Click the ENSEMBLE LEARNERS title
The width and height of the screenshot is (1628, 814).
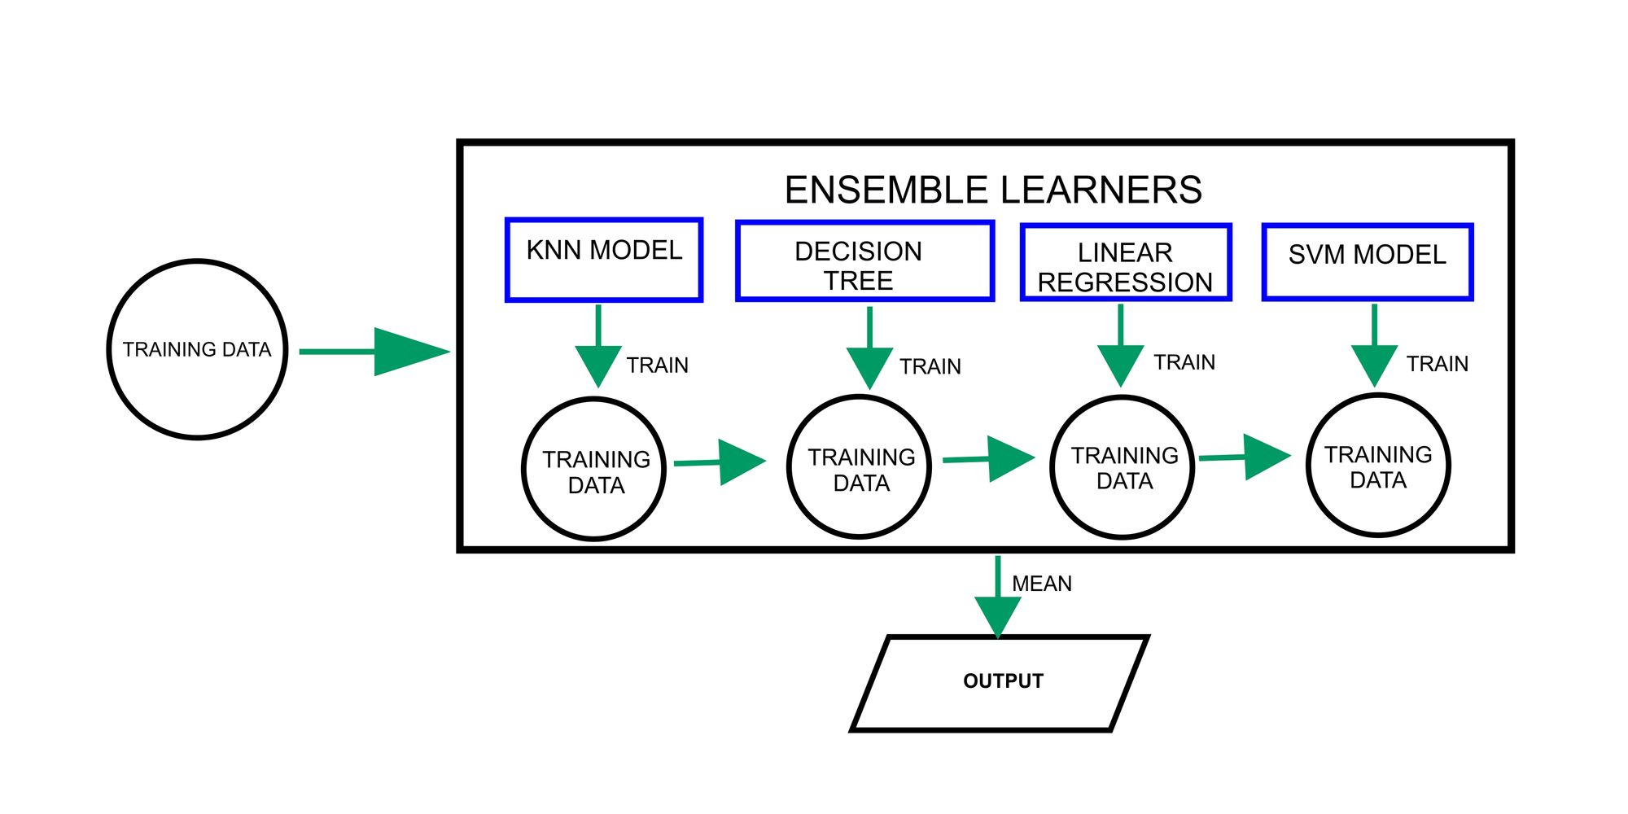pos(993,190)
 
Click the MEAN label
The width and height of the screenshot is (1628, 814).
pos(1042,584)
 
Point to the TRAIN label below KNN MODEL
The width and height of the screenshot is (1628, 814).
pos(658,365)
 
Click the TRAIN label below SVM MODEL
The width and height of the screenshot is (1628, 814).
pos(1438,364)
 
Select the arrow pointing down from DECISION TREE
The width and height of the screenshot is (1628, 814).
pos(869,348)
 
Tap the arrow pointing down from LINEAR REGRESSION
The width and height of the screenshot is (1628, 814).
pos(1121,345)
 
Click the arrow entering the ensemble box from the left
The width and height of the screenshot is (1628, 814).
pos(374,352)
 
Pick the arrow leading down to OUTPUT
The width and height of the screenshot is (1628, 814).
pos(998,597)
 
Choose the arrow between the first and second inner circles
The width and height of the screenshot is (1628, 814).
pos(720,462)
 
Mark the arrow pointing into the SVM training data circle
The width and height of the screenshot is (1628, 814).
pos(1245,457)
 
